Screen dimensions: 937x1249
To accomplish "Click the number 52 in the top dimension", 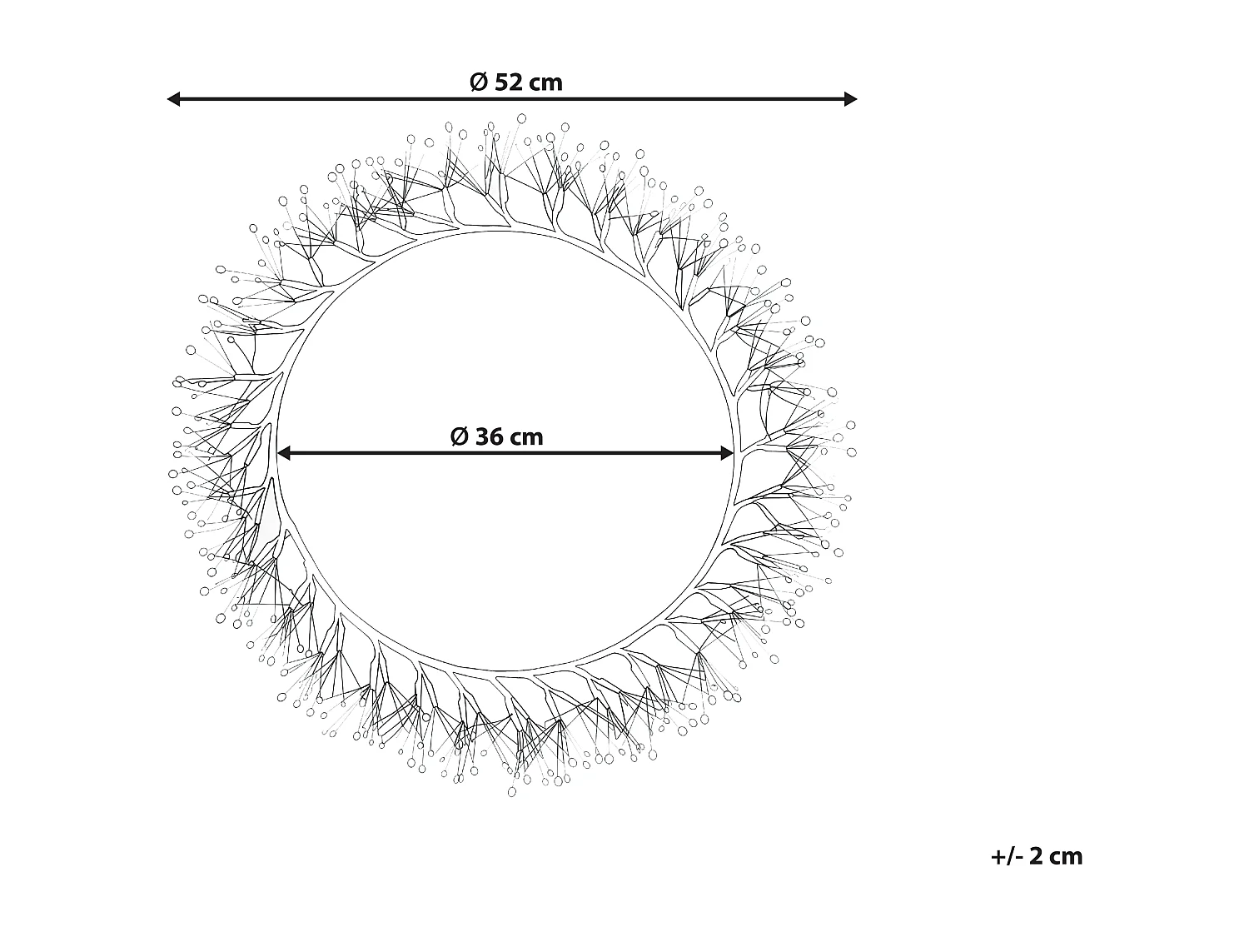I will pos(509,82).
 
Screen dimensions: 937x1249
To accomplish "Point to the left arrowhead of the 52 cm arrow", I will pos(173,99).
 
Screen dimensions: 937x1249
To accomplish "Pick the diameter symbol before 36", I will pos(459,436).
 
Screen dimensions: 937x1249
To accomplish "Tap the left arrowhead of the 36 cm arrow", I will pos(283,453).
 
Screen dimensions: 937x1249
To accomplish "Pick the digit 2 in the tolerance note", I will pos(1036,856).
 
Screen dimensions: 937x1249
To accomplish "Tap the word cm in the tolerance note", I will pos(1067,856).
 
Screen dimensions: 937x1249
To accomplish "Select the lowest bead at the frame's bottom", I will pos(512,790).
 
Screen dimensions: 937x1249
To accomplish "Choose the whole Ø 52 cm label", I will pos(516,82).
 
